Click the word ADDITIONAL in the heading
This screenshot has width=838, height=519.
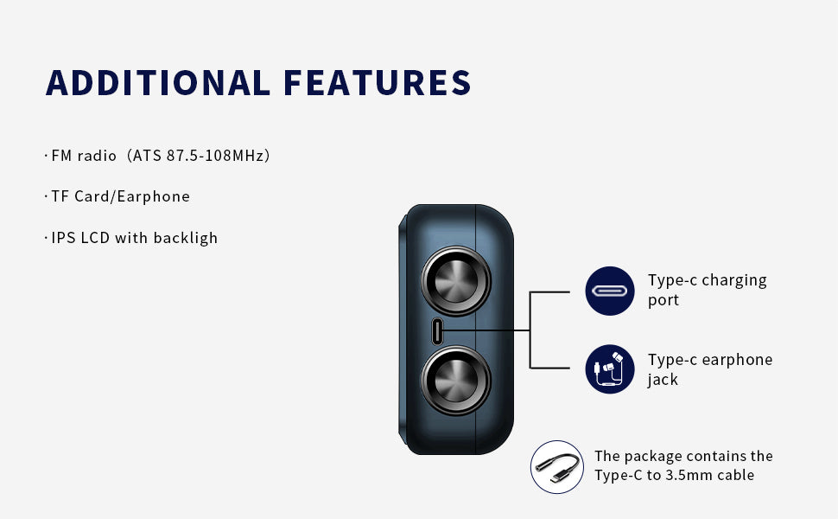[x=158, y=82]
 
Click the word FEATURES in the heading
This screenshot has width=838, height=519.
[x=377, y=82]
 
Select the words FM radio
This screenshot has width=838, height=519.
[x=84, y=156]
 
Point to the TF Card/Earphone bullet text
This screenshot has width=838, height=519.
[x=120, y=196]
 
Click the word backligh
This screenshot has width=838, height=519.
[x=186, y=238]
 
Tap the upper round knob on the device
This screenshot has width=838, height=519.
[x=456, y=280]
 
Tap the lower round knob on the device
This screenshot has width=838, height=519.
[x=456, y=381]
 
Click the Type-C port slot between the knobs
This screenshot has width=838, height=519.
[x=437, y=331]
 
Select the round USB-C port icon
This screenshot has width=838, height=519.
[x=610, y=291]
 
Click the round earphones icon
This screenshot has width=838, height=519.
[x=610, y=369]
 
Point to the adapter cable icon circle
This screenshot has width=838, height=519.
[x=557, y=466]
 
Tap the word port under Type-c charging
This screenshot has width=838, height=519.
[x=663, y=301]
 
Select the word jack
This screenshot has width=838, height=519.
[x=663, y=380]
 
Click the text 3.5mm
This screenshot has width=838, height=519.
[x=689, y=475]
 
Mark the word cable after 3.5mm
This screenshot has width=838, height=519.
[x=736, y=475]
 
